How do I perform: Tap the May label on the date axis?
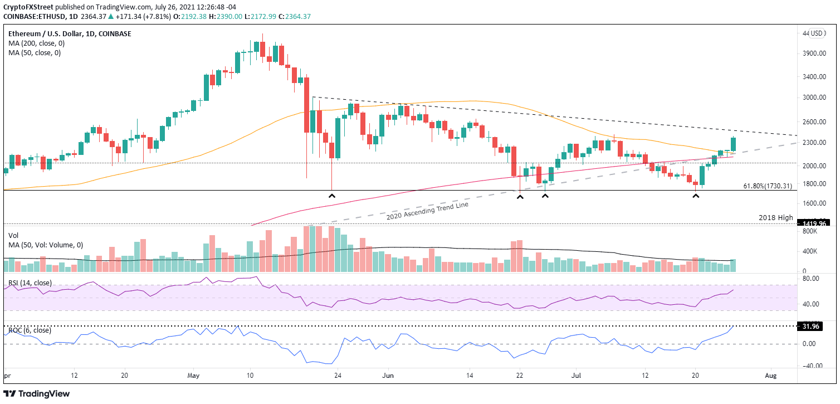pyautogui.click(x=193, y=376)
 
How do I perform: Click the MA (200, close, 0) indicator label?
pyautogui.click(x=35, y=43)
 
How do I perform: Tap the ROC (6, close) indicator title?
pyautogui.click(x=30, y=330)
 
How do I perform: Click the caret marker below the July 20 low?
pyautogui.click(x=695, y=196)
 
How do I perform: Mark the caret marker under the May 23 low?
pyautogui.click(x=331, y=196)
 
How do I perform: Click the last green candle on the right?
pyautogui.click(x=733, y=145)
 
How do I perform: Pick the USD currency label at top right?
pyautogui.click(x=818, y=33)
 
